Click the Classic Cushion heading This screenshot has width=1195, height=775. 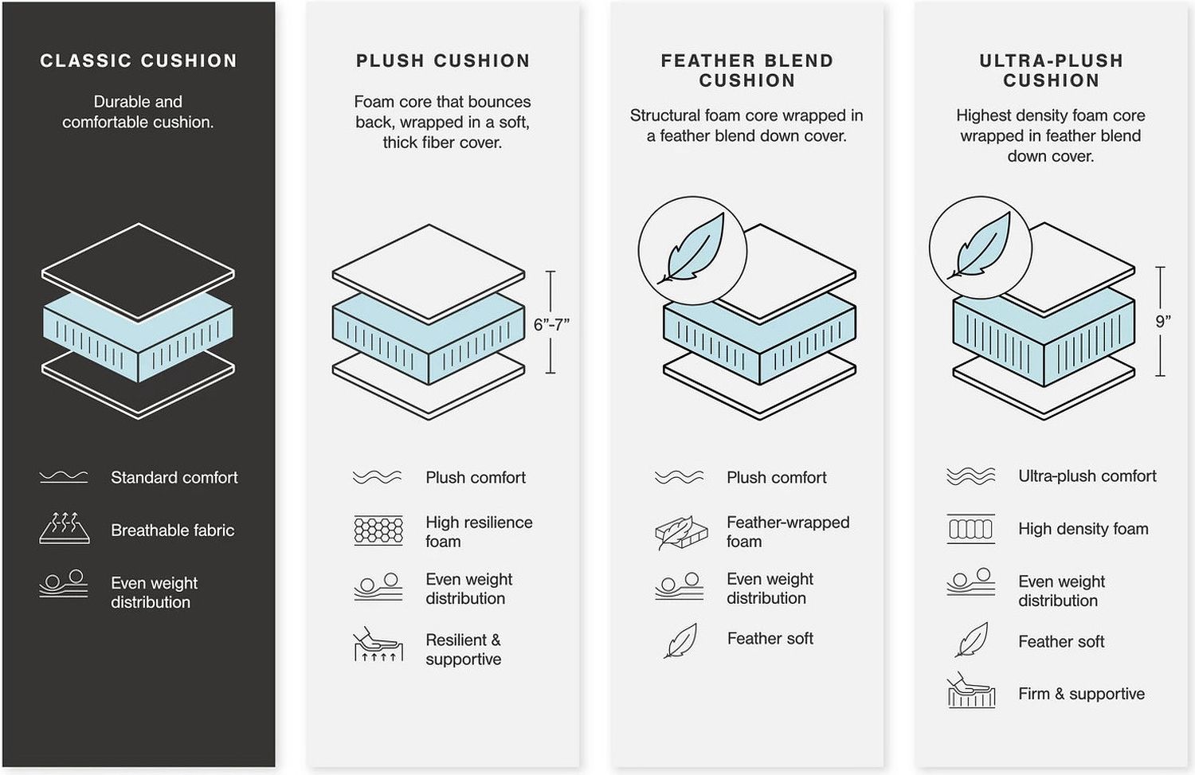(138, 61)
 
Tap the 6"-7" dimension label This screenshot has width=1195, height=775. (551, 324)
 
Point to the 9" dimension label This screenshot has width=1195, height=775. (1163, 322)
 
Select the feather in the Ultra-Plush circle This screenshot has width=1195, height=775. (979, 246)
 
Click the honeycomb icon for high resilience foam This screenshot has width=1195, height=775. (378, 530)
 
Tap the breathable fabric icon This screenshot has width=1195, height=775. (65, 529)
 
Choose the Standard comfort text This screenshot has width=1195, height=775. (174, 477)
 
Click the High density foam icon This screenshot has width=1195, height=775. (971, 529)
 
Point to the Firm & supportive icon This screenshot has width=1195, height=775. (971, 691)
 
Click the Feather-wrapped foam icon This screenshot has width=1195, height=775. (681, 532)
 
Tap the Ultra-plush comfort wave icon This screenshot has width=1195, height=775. (971, 476)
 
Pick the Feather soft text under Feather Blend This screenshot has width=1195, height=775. (770, 639)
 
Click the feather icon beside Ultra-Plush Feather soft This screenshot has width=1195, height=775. (971, 640)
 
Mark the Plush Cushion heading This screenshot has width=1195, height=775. (443, 61)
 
